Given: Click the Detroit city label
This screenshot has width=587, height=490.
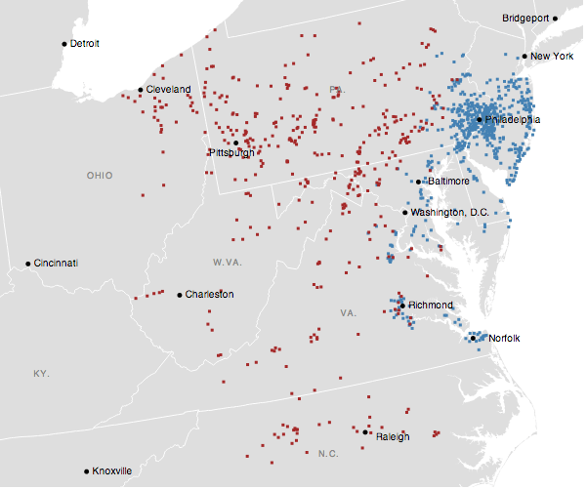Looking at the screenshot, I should point(85,44).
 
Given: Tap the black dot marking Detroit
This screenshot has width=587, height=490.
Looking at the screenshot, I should point(64,43).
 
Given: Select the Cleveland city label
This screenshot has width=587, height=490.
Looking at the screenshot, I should point(169,90).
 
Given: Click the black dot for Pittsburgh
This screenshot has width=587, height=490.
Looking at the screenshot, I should point(235,143).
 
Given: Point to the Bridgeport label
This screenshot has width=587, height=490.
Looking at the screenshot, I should point(525,19).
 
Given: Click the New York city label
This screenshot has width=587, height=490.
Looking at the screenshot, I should point(552,57).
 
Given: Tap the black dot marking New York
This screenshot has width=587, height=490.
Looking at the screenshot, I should point(524,57).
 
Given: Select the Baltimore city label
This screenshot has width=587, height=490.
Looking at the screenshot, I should point(447,182).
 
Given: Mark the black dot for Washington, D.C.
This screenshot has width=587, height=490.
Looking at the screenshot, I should point(405,212).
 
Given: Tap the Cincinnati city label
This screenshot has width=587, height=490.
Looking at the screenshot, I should point(56,264).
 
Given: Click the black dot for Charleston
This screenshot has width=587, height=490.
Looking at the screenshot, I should point(180,294).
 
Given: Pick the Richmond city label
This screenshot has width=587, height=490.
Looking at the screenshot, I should point(431,306).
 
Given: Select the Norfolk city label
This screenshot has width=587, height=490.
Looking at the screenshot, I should point(504,339).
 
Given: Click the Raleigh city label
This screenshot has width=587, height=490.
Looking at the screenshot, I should point(393,436).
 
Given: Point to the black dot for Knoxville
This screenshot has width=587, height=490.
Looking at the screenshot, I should point(86,470).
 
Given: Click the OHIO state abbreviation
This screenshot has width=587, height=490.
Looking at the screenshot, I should point(99,176).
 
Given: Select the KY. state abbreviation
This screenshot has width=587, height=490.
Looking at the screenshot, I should point(41,374).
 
